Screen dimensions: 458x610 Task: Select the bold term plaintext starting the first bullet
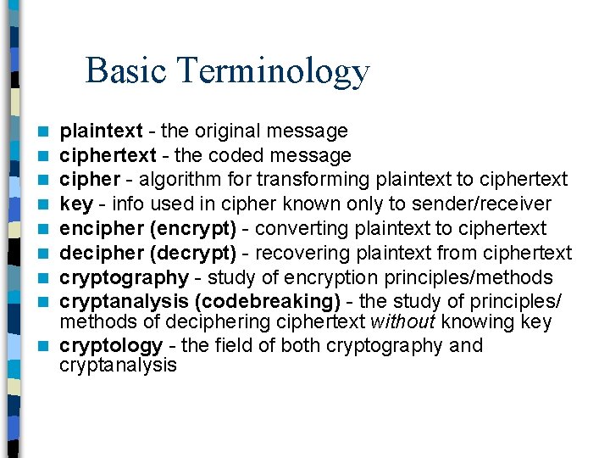point(101,131)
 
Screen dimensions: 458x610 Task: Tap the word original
point(227,131)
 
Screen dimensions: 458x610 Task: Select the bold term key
point(75,204)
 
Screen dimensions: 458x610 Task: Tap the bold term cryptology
point(110,346)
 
